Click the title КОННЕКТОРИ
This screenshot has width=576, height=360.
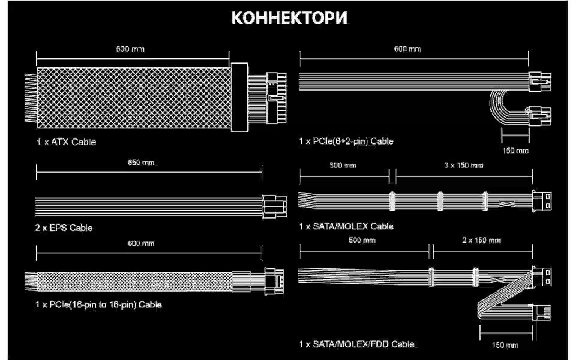coord(289,18)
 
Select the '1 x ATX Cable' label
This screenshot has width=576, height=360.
coord(66,142)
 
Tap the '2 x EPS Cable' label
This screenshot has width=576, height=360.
coord(64,228)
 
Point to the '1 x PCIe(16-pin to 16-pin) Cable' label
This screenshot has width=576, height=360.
coord(99,305)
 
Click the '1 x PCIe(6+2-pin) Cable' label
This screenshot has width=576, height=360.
coord(346,141)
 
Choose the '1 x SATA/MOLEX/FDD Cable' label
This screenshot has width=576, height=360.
coord(357,344)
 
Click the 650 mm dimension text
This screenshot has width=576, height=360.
coord(141,163)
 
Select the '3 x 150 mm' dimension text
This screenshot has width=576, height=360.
coord(464,165)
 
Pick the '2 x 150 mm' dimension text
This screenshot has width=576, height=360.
coord(481,240)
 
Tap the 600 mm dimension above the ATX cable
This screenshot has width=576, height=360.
coord(130,49)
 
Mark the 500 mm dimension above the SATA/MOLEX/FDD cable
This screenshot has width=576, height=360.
coord(362,240)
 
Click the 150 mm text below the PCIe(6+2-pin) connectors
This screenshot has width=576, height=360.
coord(515,151)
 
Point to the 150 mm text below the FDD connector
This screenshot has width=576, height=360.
coord(505,345)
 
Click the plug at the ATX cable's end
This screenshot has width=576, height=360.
coord(276,98)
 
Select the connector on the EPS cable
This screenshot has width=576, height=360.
coord(274,206)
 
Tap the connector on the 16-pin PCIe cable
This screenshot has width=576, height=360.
coord(274,281)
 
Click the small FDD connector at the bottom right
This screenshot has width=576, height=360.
coord(541,313)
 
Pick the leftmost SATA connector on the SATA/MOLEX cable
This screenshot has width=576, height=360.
coord(392,201)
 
